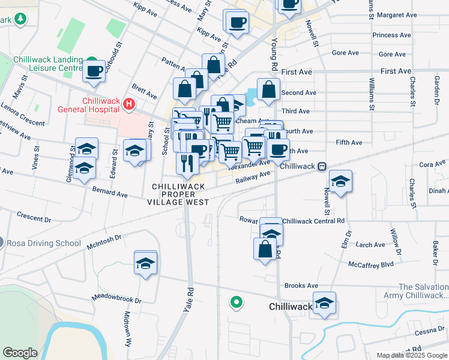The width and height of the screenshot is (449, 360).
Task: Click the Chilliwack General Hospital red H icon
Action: pos(128,104)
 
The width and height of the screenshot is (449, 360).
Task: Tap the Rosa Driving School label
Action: pos(44,244)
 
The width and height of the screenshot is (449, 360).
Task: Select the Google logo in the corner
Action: pos(20,353)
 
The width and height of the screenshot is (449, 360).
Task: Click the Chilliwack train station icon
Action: pos(322,166)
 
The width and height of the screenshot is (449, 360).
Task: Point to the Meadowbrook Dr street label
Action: pos(116,298)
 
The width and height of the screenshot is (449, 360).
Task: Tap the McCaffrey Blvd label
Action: pos(370,264)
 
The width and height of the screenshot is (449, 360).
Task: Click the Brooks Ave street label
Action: pos(301,286)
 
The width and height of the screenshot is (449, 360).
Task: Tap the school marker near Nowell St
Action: pos(340,181)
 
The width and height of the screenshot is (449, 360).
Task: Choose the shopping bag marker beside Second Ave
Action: pos(268,90)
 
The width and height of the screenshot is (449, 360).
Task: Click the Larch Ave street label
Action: pos(370,245)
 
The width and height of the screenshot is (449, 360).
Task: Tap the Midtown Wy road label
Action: pos(127,329)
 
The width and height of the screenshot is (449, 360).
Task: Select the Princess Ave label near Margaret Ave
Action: pos(393,35)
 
